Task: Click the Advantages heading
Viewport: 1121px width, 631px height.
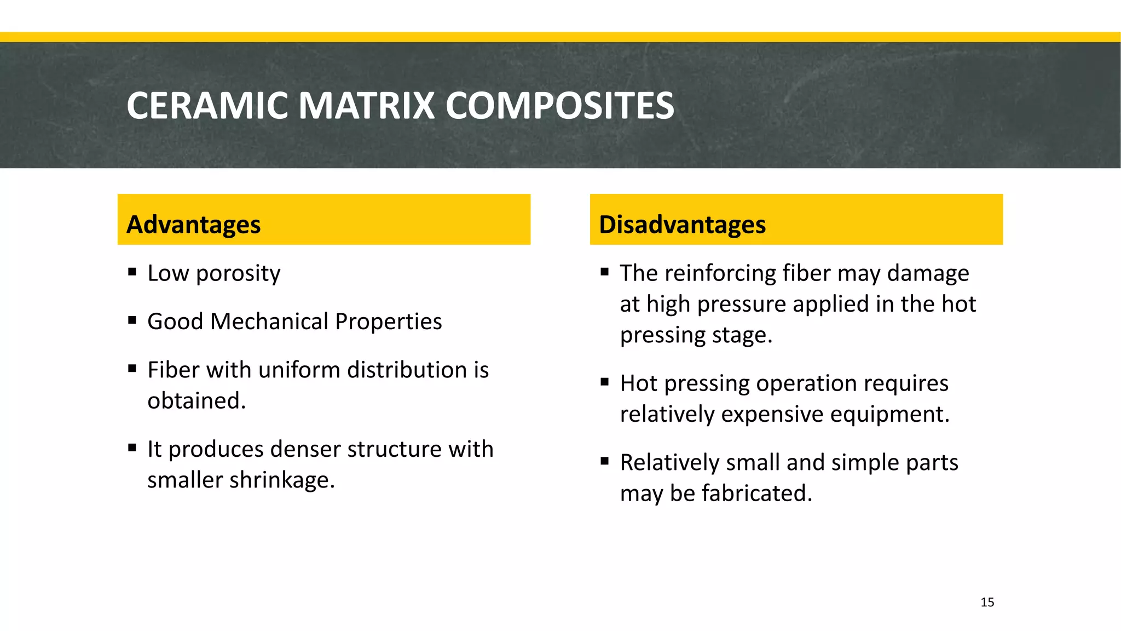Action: (x=194, y=225)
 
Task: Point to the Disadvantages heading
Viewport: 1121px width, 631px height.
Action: (x=682, y=225)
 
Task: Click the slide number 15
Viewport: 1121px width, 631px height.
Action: (x=987, y=602)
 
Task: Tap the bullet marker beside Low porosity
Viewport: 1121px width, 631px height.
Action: (x=132, y=271)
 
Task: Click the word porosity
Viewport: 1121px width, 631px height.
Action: (x=238, y=274)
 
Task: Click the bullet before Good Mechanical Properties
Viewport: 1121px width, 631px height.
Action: (x=132, y=320)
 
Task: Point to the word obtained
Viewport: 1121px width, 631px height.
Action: (x=196, y=401)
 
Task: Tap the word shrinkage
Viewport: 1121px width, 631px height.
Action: (x=281, y=480)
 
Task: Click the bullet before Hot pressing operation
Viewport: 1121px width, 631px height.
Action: (x=604, y=382)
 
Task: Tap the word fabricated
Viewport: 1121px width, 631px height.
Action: (x=757, y=494)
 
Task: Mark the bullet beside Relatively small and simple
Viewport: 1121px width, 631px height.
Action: (x=604, y=461)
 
